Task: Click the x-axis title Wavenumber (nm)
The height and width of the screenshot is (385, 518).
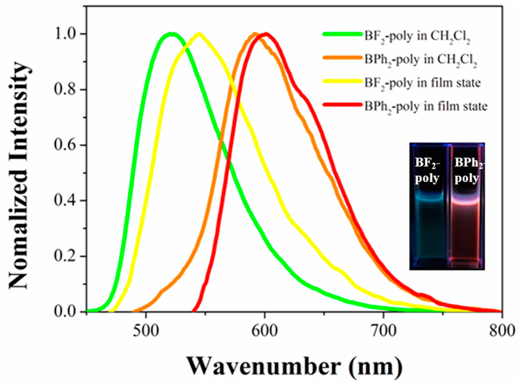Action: click(x=294, y=363)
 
